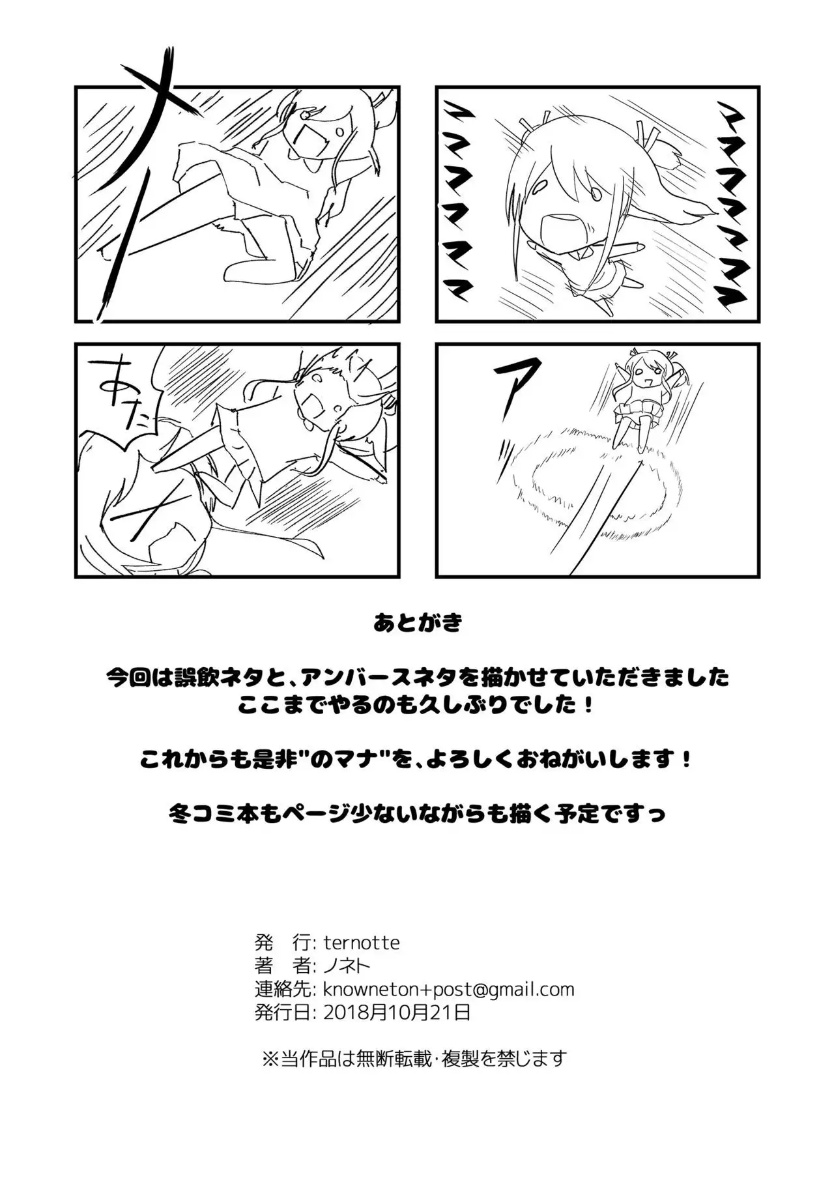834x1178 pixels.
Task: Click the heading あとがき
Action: coord(418,624)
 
